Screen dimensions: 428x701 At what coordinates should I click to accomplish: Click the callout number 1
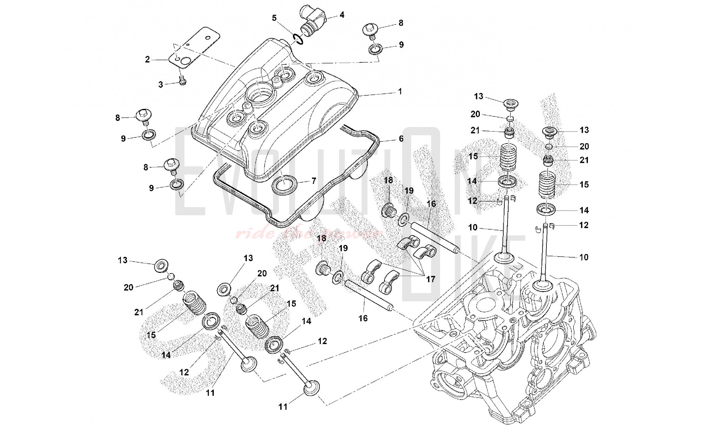tap(400, 92)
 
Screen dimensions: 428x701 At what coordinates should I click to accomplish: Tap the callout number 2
tap(148, 60)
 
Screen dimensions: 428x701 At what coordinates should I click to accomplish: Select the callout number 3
tap(161, 85)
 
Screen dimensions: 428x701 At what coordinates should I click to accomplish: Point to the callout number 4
tap(342, 15)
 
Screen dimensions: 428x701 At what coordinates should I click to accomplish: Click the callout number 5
tap(274, 18)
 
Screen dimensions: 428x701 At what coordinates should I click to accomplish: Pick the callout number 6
tap(401, 139)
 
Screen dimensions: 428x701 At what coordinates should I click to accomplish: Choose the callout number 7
tap(314, 181)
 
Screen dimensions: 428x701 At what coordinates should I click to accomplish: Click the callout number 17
tap(430, 279)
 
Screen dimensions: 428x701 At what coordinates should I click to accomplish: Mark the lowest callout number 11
tap(283, 407)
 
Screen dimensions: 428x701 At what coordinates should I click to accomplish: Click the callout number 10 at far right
tap(584, 257)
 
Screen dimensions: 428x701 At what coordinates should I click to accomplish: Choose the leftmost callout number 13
tap(123, 260)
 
